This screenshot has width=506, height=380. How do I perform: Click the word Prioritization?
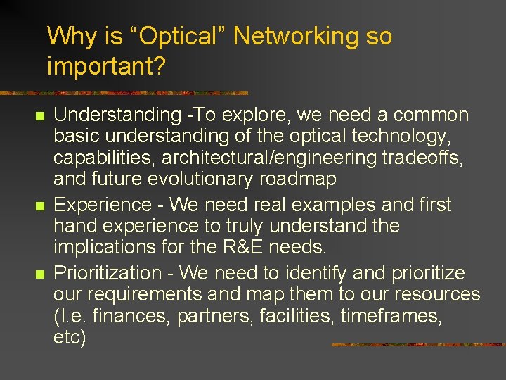pos(108,272)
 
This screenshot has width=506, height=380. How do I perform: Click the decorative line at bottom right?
pos(417,345)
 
